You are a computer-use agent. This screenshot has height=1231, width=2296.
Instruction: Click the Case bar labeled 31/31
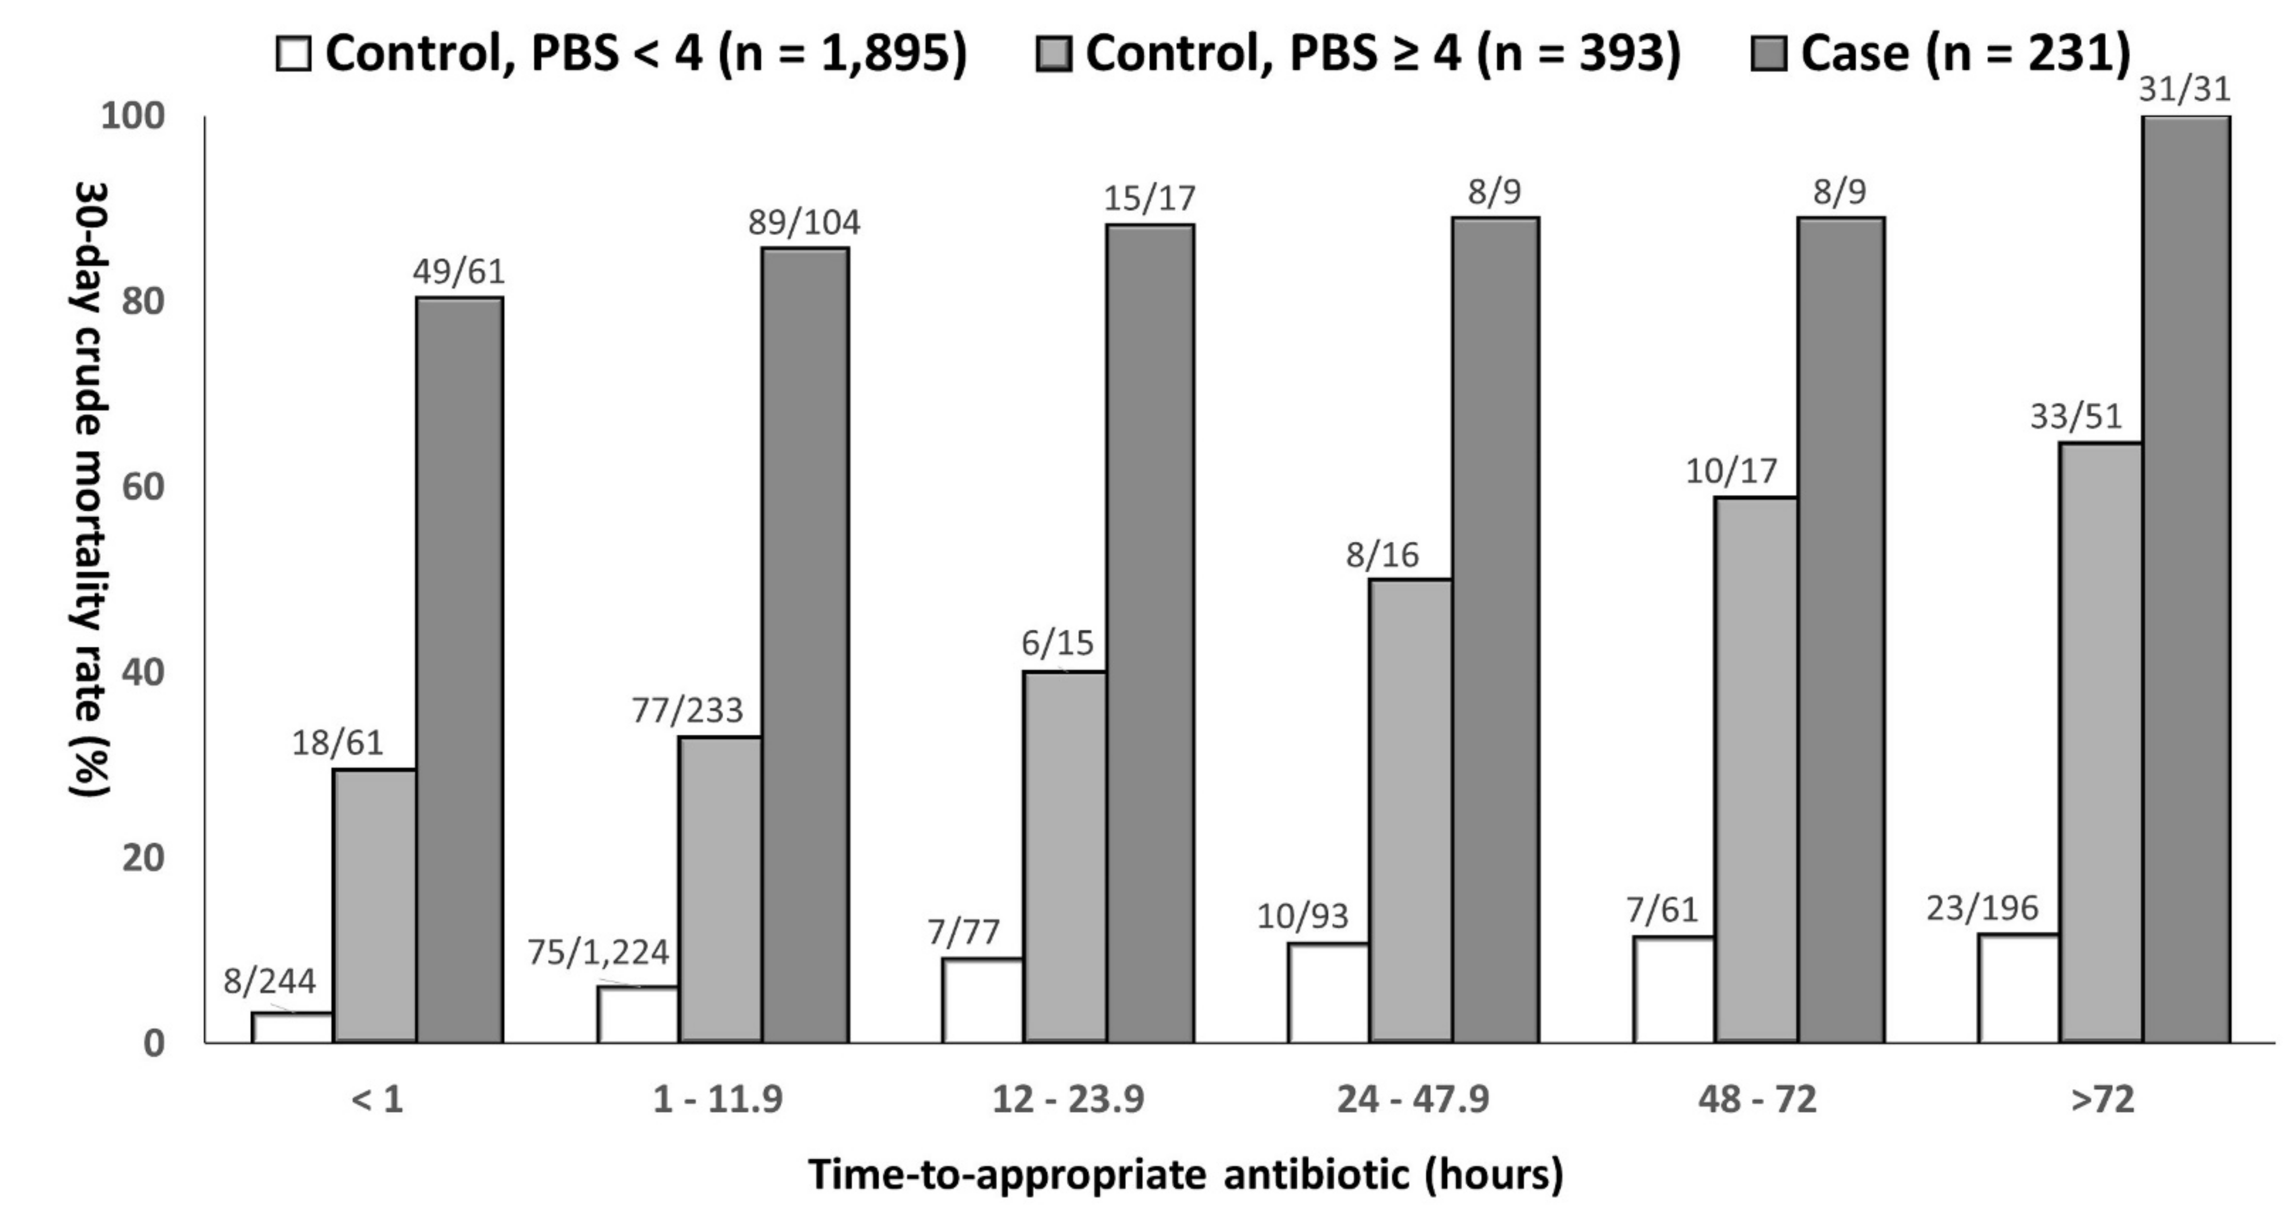click(2186, 580)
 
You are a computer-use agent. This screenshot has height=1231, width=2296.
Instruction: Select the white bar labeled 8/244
click(292, 1027)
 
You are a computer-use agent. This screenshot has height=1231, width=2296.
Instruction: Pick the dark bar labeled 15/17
click(1150, 633)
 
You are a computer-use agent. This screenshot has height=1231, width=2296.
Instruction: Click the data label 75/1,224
click(598, 952)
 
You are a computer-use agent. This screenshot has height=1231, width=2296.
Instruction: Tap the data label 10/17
click(1731, 470)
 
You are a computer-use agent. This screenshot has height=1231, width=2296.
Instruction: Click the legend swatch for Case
click(1768, 54)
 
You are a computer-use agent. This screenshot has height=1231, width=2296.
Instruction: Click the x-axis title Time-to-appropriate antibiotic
click(1185, 1175)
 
